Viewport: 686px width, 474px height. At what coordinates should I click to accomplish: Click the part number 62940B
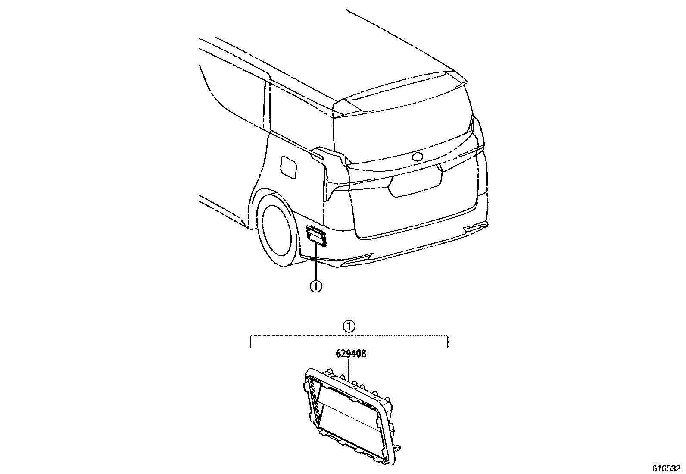(351, 354)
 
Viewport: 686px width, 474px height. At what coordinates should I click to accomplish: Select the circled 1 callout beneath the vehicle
(316, 286)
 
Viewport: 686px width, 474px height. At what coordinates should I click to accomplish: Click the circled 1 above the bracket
(349, 326)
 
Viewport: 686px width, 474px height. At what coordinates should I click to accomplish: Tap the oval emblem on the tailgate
(418, 157)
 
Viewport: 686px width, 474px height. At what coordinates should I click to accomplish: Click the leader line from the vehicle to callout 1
(316, 263)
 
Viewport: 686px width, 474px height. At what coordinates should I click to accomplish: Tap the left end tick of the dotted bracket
(251, 342)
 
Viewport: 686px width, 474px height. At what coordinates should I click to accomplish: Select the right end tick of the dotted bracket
(448, 342)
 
